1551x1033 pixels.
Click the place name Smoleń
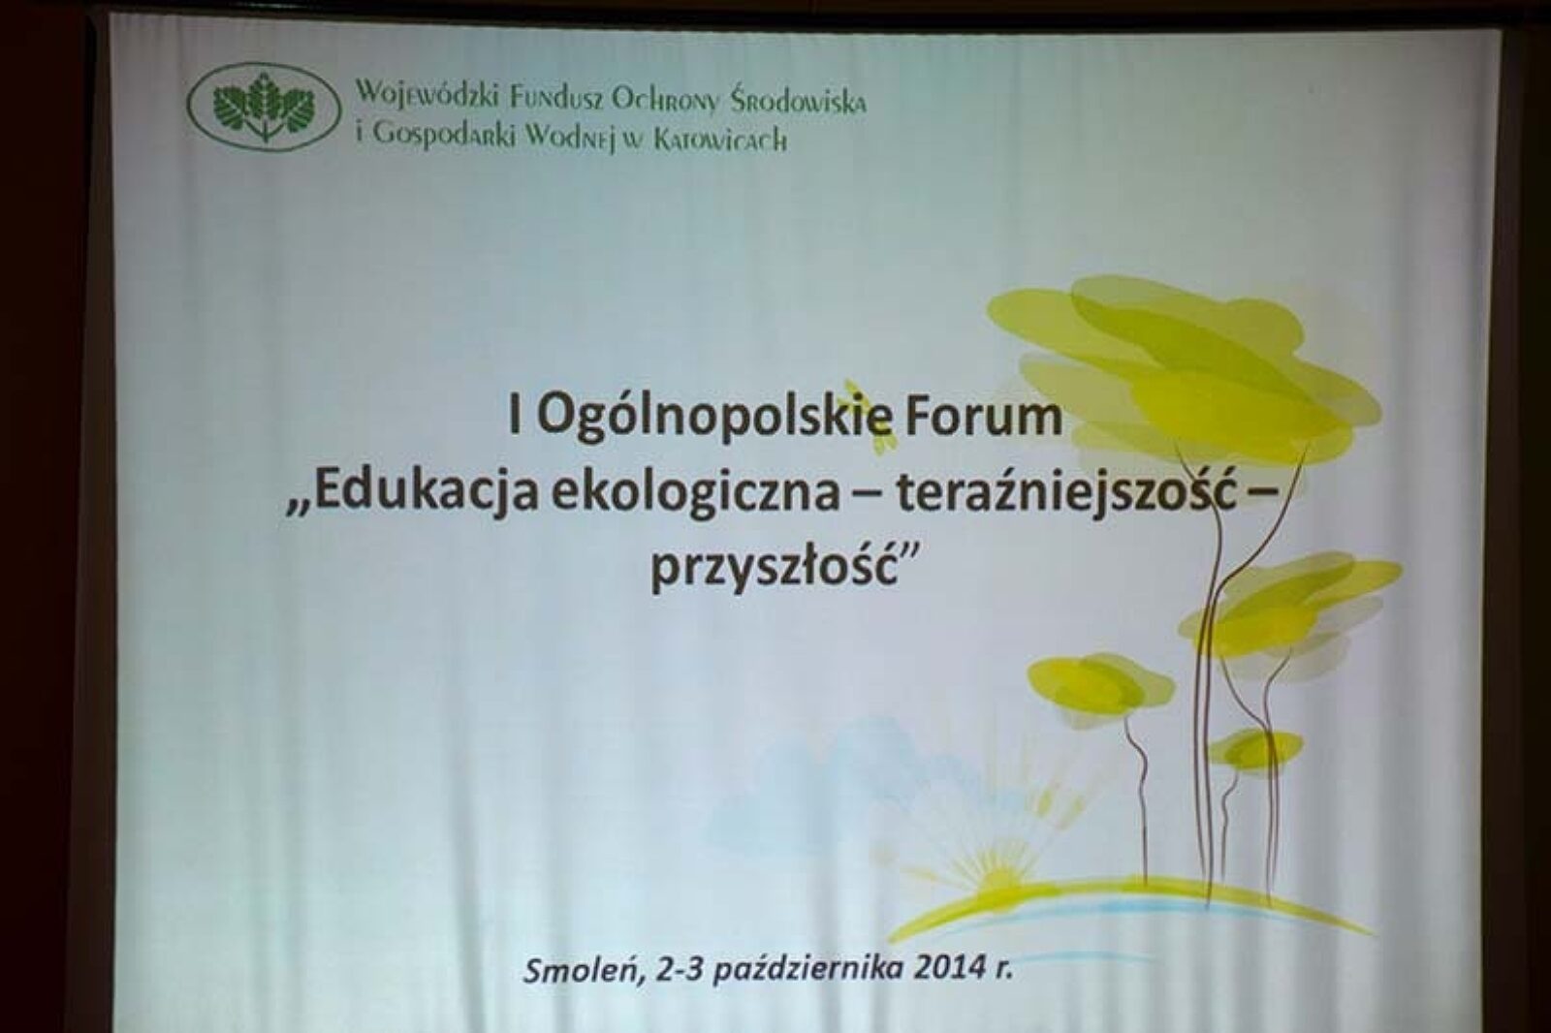click(581, 971)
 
